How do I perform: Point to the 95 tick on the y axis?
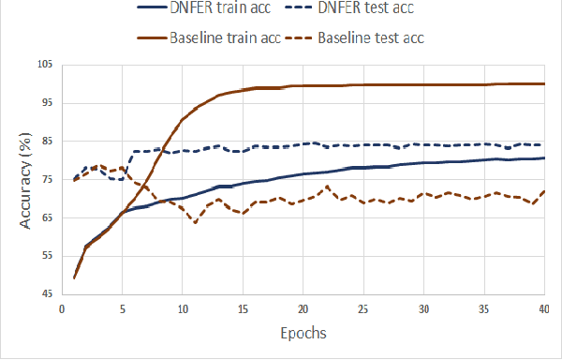(45, 102)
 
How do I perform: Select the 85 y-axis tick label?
(45, 141)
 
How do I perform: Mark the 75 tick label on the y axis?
(45, 179)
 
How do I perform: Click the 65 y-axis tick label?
(45, 217)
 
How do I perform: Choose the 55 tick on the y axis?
(45, 256)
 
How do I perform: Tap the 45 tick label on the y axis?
(45, 294)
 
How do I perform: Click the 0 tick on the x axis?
(62, 308)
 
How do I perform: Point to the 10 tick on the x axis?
(183, 308)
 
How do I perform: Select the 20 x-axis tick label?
(303, 308)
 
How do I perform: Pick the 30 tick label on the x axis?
(424, 308)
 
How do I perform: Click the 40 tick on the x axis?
(544, 308)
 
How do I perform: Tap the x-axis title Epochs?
(303, 333)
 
